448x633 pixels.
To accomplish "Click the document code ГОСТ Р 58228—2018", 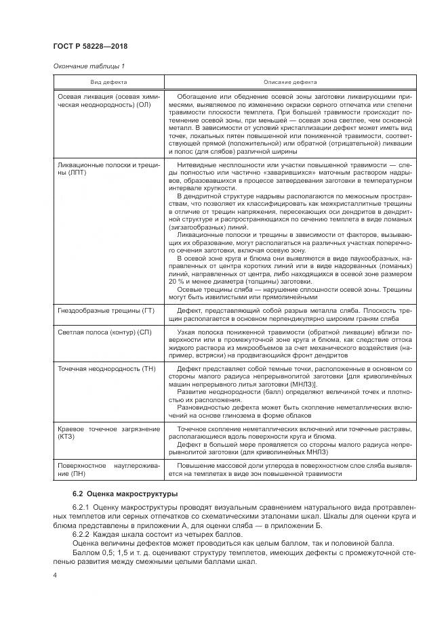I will click(x=89, y=46).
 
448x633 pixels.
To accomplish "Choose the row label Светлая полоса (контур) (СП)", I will click(x=105, y=332).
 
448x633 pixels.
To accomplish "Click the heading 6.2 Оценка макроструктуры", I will click(x=115, y=494).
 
